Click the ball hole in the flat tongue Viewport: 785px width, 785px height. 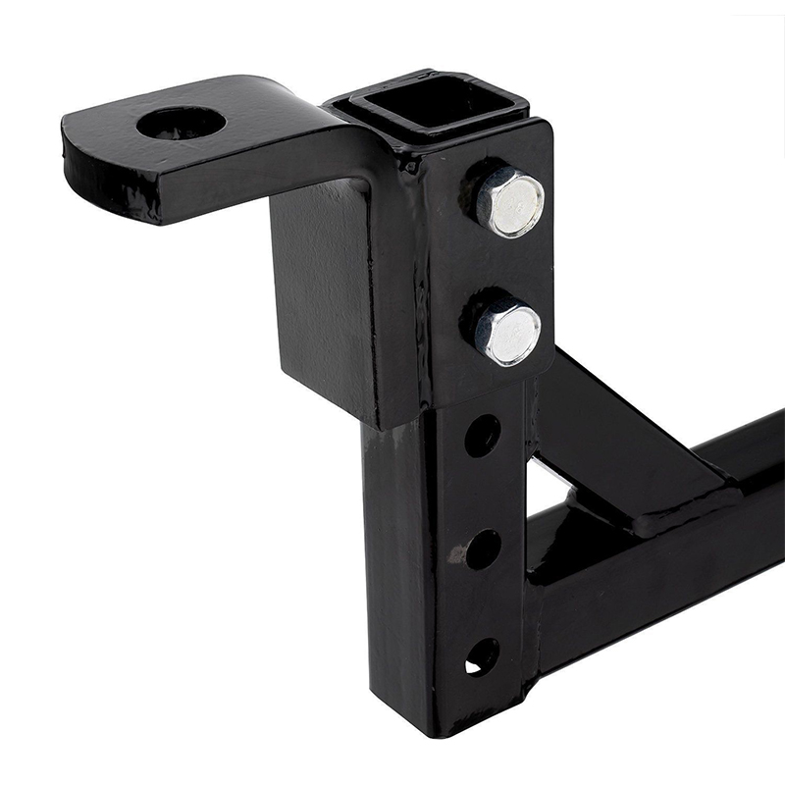pyautogui.click(x=182, y=123)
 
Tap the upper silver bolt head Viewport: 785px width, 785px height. pyautogui.click(x=509, y=202)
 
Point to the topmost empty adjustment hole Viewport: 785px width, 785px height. pyautogui.click(x=482, y=435)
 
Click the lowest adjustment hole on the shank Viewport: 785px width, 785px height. pyautogui.click(x=480, y=656)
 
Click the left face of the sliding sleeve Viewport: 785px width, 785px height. pyautogui.click(x=324, y=294)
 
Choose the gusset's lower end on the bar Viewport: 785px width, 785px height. pyautogui.click(x=677, y=510)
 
